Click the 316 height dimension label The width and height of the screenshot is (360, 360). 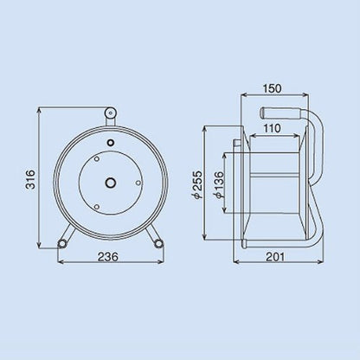click(30, 179)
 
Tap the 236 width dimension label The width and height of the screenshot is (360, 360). click(107, 256)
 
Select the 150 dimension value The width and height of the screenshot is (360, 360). click(272, 88)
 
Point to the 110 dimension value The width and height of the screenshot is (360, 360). click(272, 128)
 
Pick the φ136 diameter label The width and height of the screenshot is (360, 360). click(219, 185)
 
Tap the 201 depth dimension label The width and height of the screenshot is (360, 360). click(274, 256)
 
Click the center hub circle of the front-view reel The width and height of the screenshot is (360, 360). click(110, 183)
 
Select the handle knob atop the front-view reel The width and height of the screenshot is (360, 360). click(110, 112)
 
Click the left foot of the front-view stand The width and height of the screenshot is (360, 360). click(62, 244)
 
